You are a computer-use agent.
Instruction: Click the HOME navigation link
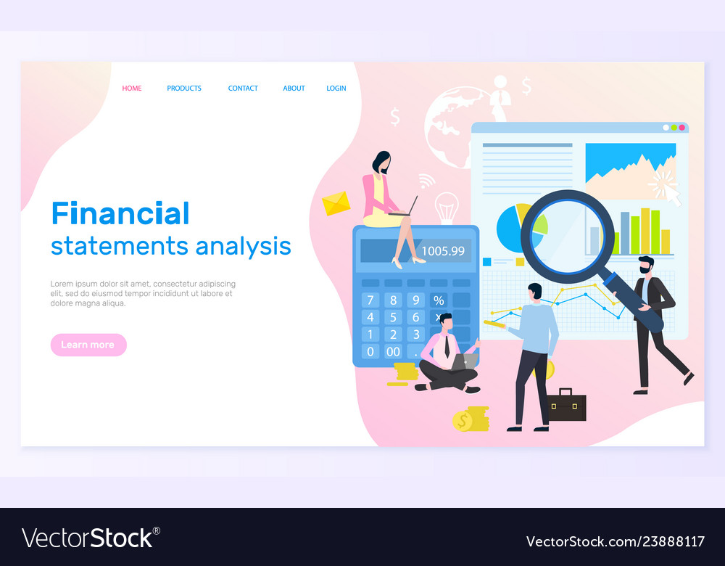tap(132, 89)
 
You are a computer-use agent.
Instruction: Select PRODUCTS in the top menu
tap(184, 89)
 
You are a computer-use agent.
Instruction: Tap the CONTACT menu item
tap(243, 89)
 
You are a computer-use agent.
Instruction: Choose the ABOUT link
tap(294, 89)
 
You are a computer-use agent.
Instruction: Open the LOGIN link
tap(336, 89)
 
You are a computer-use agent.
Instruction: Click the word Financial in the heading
tap(120, 213)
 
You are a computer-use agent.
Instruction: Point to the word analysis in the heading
tap(243, 246)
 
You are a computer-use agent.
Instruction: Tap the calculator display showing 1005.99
tap(442, 251)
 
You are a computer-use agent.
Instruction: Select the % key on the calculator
tap(439, 300)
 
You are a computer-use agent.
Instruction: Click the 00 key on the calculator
tap(393, 351)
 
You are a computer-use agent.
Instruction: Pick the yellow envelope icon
tap(336, 203)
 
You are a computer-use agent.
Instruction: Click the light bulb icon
tap(446, 207)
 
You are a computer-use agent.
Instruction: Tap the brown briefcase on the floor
tap(565, 405)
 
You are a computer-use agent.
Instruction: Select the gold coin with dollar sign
tap(462, 420)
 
